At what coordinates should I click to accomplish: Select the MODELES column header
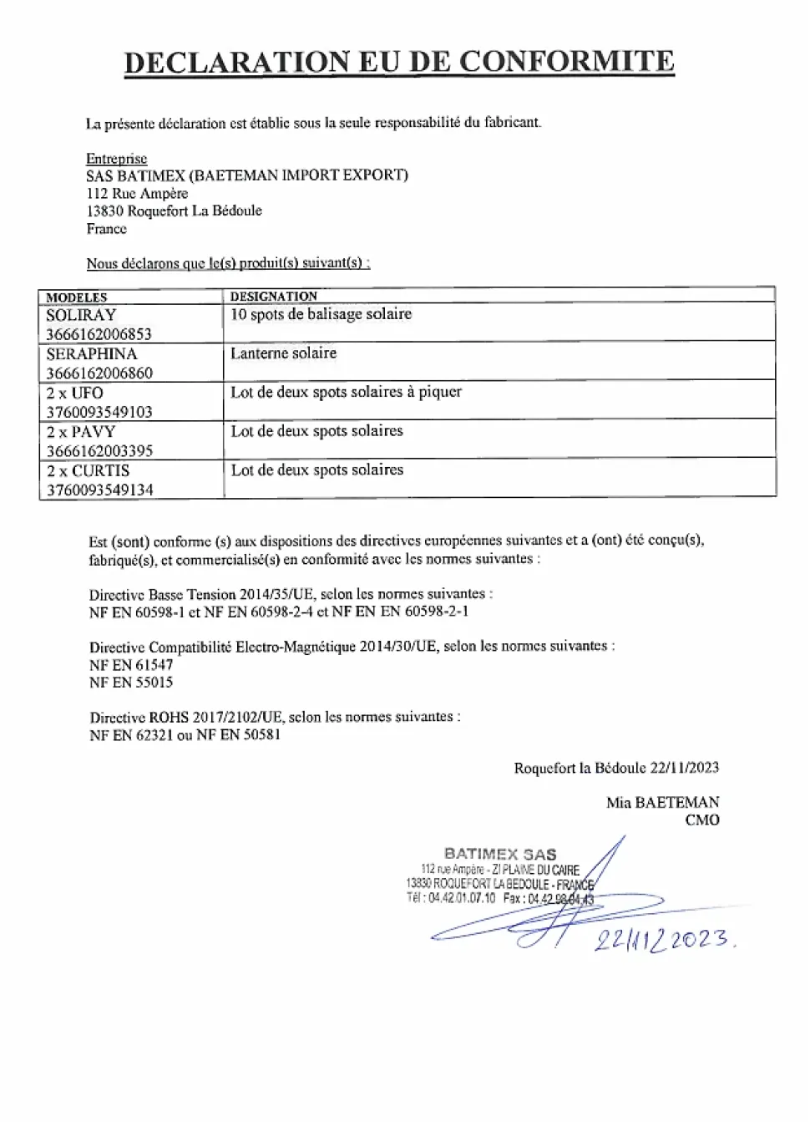tap(77, 297)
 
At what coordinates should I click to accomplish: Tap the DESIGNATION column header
tap(274, 297)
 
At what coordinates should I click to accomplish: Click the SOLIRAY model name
tap(81, 315)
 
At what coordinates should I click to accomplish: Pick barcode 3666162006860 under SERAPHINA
tap(99, 373)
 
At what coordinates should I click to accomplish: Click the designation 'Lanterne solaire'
tap(283, 353)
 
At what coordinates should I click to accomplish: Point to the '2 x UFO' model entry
tap(75, 393)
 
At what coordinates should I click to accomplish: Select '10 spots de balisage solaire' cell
tap(321, 314)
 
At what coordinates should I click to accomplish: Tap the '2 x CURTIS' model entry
tap(89, 470)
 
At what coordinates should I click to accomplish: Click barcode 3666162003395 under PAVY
tap(99, 451)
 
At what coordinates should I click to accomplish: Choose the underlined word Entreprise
tap(116, 159)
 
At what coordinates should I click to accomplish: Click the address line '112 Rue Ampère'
tap(137, 194)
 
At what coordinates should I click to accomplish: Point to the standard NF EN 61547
tap(131, 665)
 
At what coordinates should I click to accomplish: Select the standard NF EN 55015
tap(131, 683)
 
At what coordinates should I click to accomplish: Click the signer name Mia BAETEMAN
tap(662, 803)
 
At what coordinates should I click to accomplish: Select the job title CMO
tap(702, 820)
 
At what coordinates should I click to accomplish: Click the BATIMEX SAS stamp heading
tap(500, 854)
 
